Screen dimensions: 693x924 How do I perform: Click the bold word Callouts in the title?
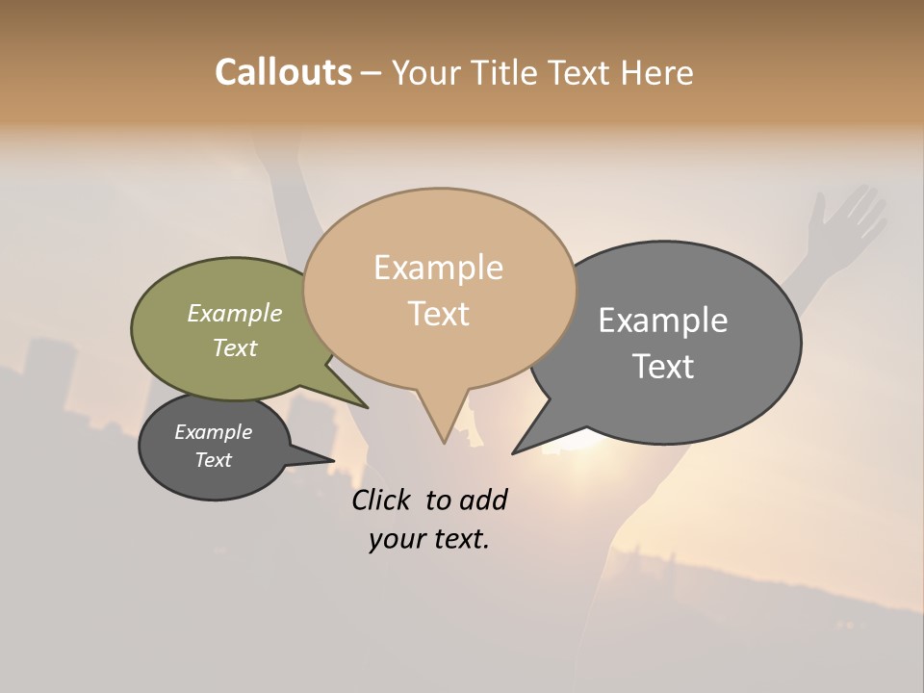click(283, 72)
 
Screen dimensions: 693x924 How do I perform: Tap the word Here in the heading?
click(656, 72)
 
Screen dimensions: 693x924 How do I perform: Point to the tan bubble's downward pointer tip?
click(444, 440)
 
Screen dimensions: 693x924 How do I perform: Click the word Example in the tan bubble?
click(438, 268)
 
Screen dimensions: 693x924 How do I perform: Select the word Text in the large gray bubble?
click(663, 367)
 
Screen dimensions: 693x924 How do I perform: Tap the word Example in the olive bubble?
click(235, 314)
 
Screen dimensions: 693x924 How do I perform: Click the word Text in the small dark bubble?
click(214, 460)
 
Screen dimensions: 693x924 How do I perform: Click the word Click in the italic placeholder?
click(382, 500)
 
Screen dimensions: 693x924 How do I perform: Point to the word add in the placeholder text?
click(483, 500)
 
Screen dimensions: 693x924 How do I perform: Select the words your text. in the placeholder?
click(429, 539)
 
